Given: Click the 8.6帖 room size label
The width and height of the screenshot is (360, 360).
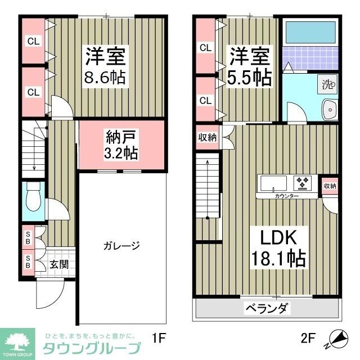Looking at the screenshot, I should click(x=105, y=76).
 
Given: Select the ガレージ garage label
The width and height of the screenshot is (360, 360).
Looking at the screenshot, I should click(x=121, y=245).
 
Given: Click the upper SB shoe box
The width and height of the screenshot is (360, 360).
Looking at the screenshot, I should click(x=27, y=236).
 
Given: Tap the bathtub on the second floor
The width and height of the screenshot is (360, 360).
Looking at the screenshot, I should click(x=309, y=34).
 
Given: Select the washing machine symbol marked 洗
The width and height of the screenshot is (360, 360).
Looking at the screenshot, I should click(x=327, y=85).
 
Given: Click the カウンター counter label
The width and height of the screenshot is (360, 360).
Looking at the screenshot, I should click(x=287, y=196).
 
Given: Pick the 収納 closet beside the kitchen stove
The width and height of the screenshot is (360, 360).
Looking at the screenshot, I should click(x=330, y=186).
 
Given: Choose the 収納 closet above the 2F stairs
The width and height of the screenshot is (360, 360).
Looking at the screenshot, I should click(x=207, y=138).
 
